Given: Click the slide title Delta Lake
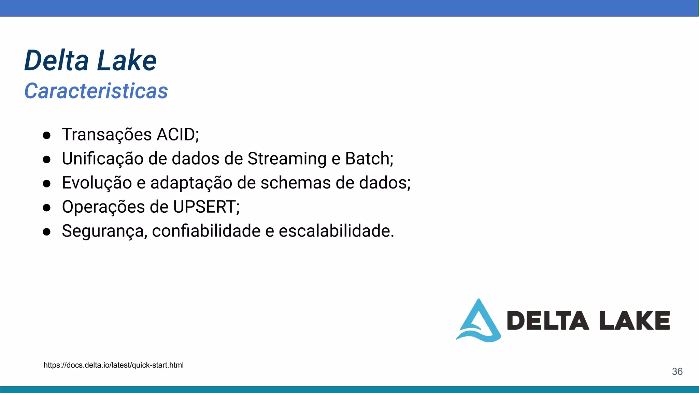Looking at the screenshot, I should tap(90, 60).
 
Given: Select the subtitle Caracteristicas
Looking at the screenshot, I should tap(96, 91).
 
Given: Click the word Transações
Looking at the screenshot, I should tap(107, 134).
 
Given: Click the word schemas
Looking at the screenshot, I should tap(296, 183).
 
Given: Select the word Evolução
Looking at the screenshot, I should tap(97, 183).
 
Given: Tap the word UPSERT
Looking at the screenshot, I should tap(204, 207).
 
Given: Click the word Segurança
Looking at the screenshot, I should tap(104, 231).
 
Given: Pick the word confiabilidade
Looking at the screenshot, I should tap(206, 231).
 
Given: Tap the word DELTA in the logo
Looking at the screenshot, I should tap(547, 321).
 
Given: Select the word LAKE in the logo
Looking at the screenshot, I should tap(634, 321).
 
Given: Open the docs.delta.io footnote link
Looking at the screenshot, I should tap(113, 365).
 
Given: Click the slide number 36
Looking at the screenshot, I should tap(677, 372).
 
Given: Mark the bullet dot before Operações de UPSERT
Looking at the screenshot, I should tap(47, 208).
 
